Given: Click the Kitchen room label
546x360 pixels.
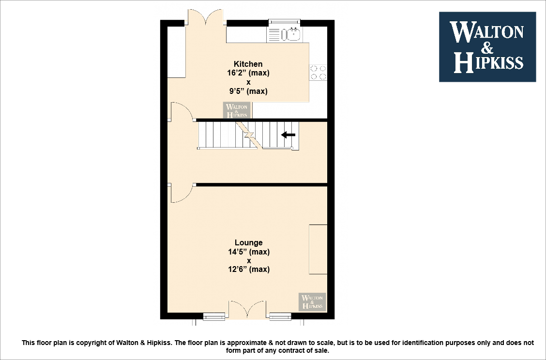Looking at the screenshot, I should [248, 64].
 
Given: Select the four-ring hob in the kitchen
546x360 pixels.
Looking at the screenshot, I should [318, 72].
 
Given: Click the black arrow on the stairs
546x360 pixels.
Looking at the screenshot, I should [288, 135].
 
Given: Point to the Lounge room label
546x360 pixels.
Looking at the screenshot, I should [248, 243].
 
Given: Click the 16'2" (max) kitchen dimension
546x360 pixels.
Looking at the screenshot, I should [249, 73].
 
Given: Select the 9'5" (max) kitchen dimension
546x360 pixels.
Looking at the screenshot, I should [249, 91].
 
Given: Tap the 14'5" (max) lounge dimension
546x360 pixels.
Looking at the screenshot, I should [249, 252].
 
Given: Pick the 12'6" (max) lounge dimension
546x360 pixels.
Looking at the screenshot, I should [249, 270].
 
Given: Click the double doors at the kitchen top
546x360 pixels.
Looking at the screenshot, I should [206, 18].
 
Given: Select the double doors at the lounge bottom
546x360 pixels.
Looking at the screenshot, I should [247, 310].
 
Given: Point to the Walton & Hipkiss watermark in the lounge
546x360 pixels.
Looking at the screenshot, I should [312, 301].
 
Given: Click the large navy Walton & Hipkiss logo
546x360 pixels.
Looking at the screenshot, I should [487, 46].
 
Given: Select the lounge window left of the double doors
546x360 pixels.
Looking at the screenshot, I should [214, 317].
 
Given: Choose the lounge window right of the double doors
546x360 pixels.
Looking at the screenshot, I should [280, 317].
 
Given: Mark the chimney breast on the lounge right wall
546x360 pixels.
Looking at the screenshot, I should [318, 249].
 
